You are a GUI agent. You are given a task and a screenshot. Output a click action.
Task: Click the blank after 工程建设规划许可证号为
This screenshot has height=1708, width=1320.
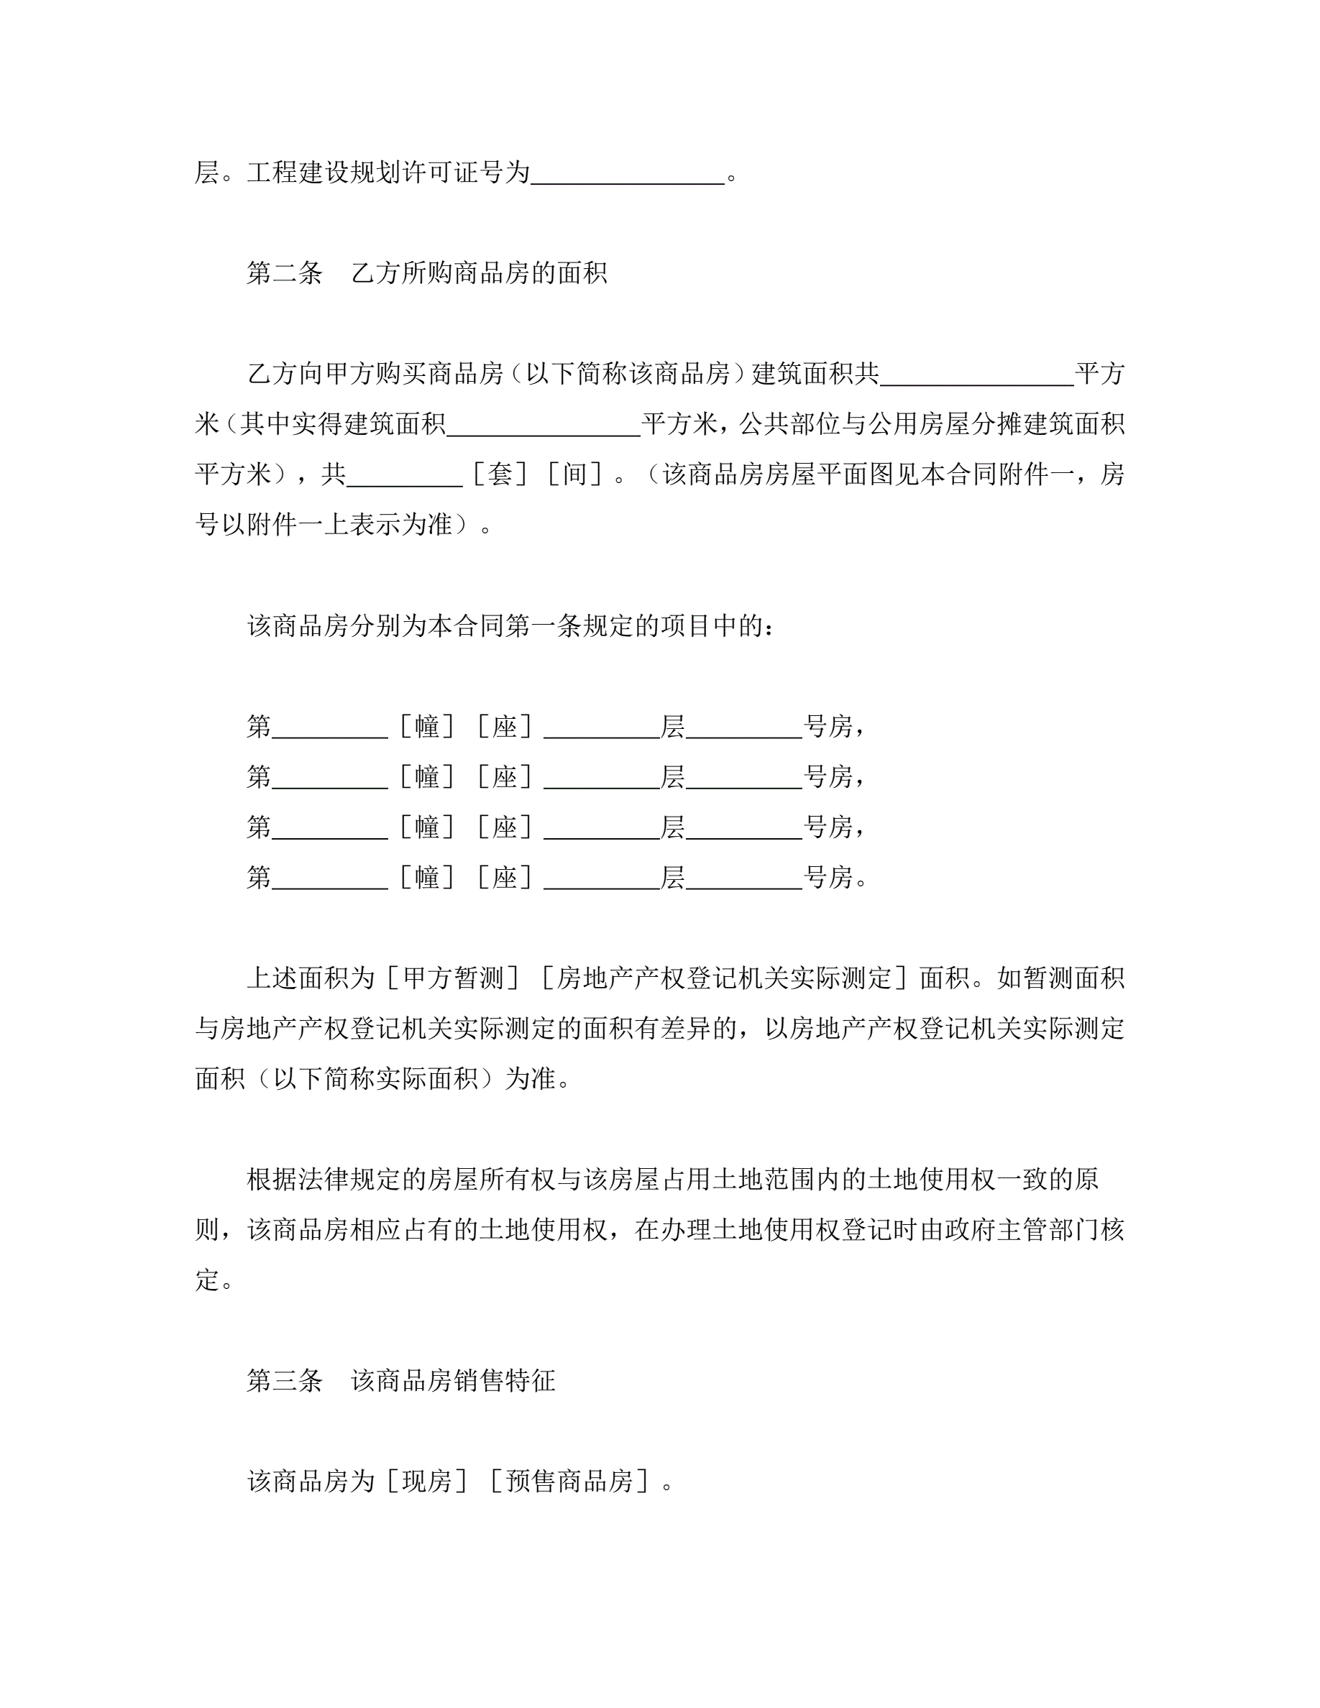628,174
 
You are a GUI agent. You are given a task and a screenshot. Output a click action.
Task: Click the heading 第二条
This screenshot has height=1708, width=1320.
284,273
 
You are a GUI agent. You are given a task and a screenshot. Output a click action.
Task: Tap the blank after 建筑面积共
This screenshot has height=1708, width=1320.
977,374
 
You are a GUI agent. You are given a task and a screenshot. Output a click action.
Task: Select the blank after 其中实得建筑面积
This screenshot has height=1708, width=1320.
544,424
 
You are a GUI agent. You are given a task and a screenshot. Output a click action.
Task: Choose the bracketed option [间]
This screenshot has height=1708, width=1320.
574,474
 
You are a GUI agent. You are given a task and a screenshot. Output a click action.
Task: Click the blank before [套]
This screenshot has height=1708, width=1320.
405,474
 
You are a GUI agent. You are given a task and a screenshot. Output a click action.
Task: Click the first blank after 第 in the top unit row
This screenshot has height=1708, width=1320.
329,727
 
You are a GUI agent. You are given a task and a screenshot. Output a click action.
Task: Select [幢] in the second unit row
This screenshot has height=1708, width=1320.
427,776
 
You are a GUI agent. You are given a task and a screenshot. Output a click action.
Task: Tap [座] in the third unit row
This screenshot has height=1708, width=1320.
505,827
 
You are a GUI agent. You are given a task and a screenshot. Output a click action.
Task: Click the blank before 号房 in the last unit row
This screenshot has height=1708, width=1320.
743,878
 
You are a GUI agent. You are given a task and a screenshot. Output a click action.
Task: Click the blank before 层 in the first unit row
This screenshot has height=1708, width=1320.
601,727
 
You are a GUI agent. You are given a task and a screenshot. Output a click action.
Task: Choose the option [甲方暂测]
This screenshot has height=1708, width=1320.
452,978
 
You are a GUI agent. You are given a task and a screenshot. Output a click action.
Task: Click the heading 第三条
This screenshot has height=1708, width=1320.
284,1380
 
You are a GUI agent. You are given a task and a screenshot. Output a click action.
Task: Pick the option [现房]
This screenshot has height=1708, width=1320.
427,1482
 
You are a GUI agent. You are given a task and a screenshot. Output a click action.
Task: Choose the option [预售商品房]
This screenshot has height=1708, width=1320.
570,1482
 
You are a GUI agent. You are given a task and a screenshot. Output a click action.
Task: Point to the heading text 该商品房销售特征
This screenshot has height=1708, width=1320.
453,1380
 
